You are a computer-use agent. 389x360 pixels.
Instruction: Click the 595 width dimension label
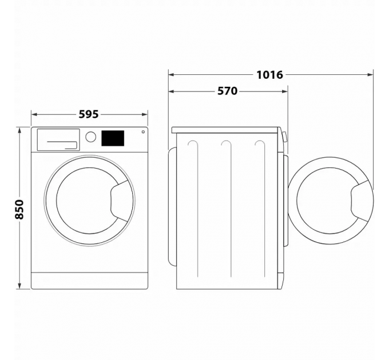point(89,114)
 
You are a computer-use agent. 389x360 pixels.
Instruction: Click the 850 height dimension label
point(19,210)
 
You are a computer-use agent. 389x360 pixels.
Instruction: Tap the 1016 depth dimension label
point(269,74)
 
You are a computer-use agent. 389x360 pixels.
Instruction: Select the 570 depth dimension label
point(227,91)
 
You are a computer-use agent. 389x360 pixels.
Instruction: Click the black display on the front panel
point(113,138)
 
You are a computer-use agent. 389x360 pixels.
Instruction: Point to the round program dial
point(90,137)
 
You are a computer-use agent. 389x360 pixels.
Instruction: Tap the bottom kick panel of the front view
point(89,280)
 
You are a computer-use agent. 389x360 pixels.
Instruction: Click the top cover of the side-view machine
point(226,130)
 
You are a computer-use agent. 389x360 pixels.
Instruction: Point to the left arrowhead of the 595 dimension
point(33,114)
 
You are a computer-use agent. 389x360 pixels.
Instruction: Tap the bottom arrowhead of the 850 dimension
point(19,287)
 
